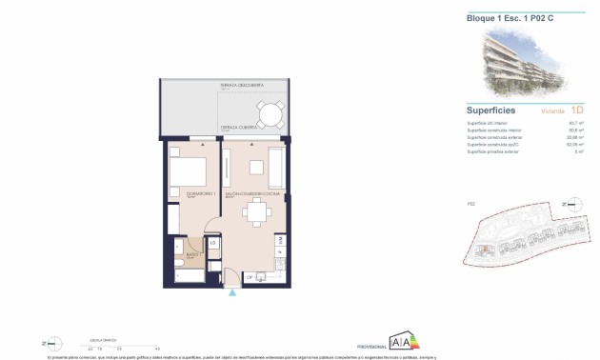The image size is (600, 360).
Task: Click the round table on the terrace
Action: point(270,115)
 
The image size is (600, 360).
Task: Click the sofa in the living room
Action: point(275,168)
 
